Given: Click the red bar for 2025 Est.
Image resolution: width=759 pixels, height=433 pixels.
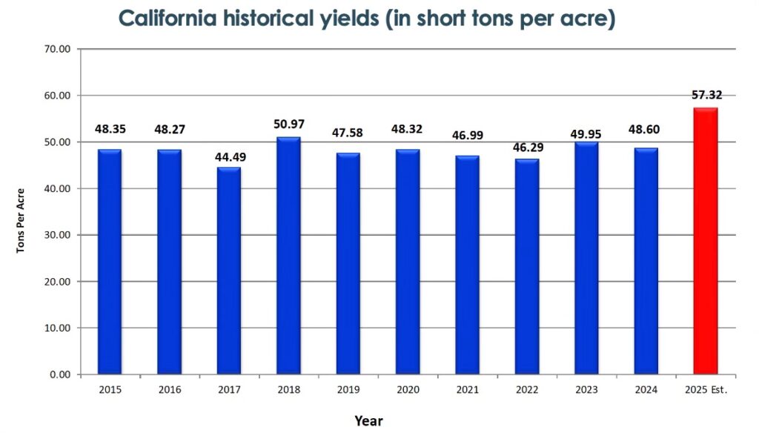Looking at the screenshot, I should pyautogui.click(x=705, y=241).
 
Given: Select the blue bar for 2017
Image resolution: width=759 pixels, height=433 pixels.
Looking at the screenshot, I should pyautogui.click(x=228, y=271).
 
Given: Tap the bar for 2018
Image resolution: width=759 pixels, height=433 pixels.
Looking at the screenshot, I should pyautogui.click(x=288, y=256).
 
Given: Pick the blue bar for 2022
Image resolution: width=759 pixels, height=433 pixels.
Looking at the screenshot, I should pyautogui.click(x=526, y=267).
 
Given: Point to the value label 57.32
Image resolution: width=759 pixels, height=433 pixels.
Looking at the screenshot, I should pyautogui.click(x=706, y=95).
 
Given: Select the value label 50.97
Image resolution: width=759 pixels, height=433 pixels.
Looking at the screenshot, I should pyautogui.click(x=289, y=125).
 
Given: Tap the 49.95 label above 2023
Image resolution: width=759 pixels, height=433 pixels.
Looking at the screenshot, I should pyautogui.click(x=586, y=133).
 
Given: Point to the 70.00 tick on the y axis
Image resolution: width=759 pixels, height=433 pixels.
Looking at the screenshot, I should pyautogui.click(x=56, y=49).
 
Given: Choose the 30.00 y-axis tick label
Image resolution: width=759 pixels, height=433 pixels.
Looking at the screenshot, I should pyautogui.click(x=56, y=235).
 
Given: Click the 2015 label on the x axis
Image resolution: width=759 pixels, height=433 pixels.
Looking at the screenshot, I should pyautogui.click(x=109, y=389).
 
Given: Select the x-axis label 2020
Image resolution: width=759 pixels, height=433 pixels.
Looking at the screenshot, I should pyautogui.click(x=408, y=389).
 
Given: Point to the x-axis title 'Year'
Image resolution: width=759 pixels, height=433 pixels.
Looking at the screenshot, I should pyautogui.click(x=368, y=420).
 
